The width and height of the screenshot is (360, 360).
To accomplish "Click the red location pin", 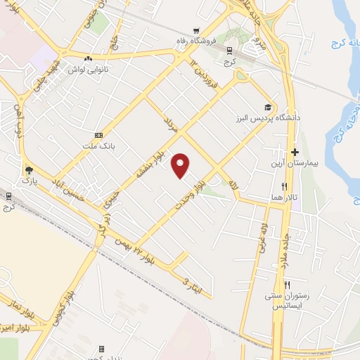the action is pos(181,165).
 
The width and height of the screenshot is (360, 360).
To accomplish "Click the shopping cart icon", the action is pos(197,31).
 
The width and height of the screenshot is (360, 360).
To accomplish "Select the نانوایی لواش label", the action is pos(86,70).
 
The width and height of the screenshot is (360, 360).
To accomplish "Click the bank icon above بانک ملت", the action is pos(98,134).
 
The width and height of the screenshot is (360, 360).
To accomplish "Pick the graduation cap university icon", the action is pos(267,107).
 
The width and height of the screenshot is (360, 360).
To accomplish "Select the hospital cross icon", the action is pos(295,152).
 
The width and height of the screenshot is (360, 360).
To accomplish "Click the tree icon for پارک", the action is pos(28,170).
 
